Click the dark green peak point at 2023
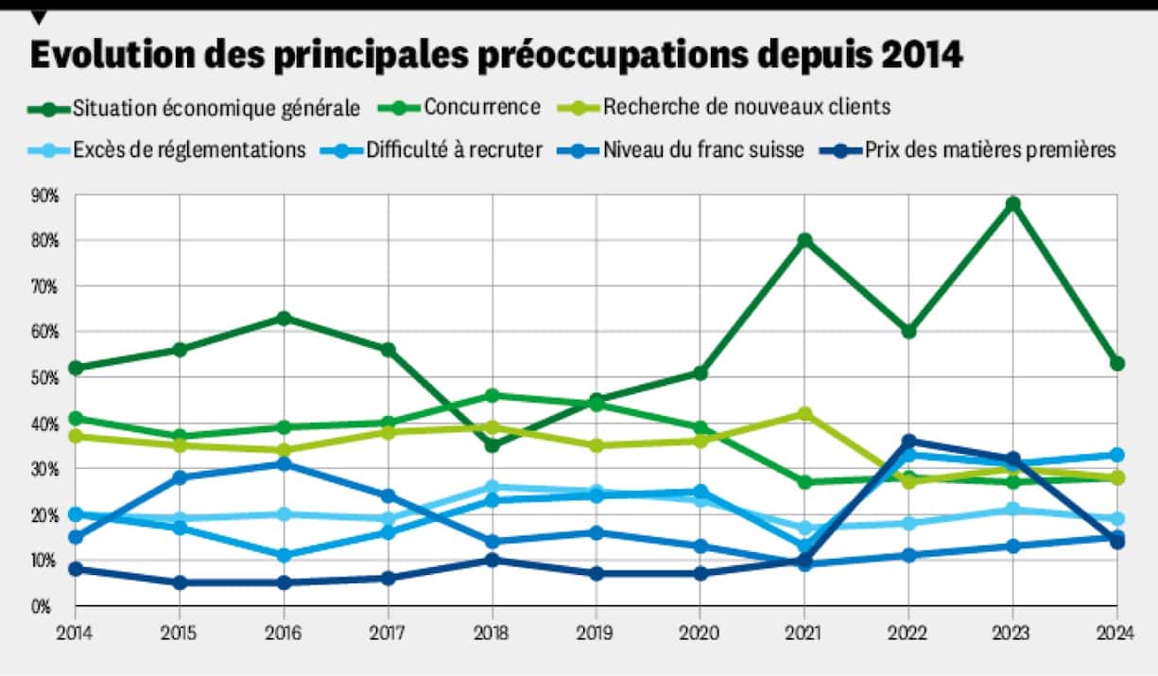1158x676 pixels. [1013, 204]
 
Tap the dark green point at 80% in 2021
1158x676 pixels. [804, 240]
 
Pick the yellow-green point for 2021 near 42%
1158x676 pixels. [804, 414]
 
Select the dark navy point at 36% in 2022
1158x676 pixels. [909, 442]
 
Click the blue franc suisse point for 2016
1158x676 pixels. [284, 464]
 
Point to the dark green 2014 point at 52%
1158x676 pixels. [76, 368]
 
